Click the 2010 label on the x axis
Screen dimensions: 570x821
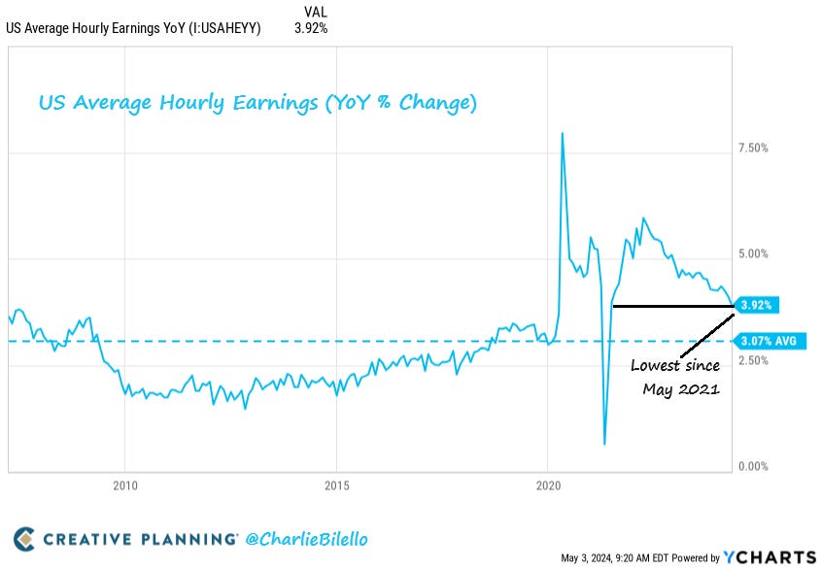(x=124, y=486)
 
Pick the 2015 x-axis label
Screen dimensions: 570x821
(x=336, y=486)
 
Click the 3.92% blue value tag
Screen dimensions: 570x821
(x=755, y=305)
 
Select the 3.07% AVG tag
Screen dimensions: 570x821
(x=768, y=341)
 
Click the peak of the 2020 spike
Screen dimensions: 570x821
(x=563, y=133)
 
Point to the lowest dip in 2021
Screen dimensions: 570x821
(x=604, y=444)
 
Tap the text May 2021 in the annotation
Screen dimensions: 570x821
(x=680, y=389)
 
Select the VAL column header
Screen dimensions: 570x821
(x=316, y=11)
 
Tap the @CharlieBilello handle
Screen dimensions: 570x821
(x=307, y=539)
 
